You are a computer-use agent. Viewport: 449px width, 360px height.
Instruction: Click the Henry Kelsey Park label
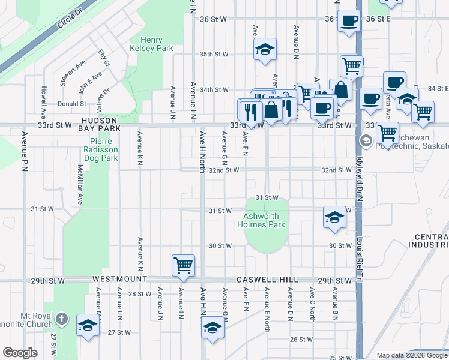point(151,44)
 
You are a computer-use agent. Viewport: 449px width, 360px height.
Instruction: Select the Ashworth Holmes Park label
point(264,220)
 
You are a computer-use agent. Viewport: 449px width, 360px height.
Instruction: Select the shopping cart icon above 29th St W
point(183,264)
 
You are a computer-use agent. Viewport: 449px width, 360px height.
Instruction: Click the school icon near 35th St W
point(264,51)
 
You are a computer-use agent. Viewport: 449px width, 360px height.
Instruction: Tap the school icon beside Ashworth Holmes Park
point(334,217)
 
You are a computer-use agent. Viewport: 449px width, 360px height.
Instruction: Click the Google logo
point(20,353)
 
